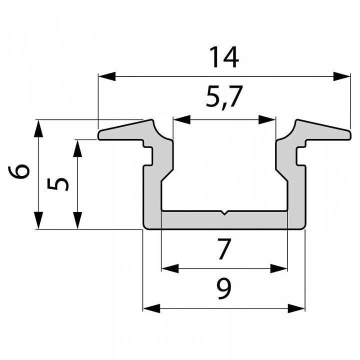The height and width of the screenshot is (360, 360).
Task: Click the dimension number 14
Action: point(223,57)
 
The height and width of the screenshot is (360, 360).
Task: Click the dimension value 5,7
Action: point(223,98)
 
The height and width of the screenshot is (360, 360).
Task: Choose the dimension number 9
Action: point(224,288)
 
